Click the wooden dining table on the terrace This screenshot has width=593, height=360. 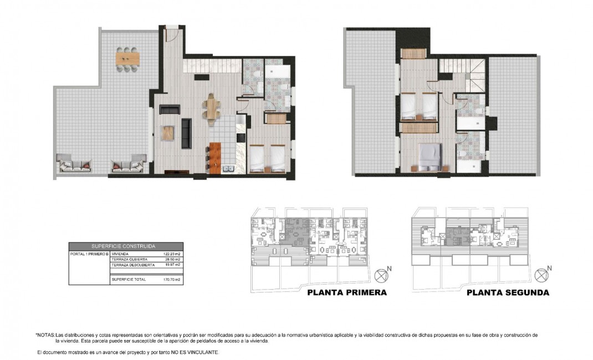coord(127,58)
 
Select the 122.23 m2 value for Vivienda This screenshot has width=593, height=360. coord(172,254)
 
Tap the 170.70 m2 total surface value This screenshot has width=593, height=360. coord(172,280)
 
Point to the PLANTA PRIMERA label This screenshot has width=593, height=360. coord(346,292)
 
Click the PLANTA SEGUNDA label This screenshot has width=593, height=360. coord(508,292)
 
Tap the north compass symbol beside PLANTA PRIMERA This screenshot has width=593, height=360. coord(382,275)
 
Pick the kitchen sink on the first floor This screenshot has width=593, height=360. coord(228,169)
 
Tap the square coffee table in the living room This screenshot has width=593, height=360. coord(168,133)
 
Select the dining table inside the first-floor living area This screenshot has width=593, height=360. coord(212,107)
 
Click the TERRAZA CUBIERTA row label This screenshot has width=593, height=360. coord(129,259)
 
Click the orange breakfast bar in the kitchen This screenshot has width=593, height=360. coord(215,158)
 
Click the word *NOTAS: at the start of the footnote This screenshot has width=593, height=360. coord(45,335)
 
